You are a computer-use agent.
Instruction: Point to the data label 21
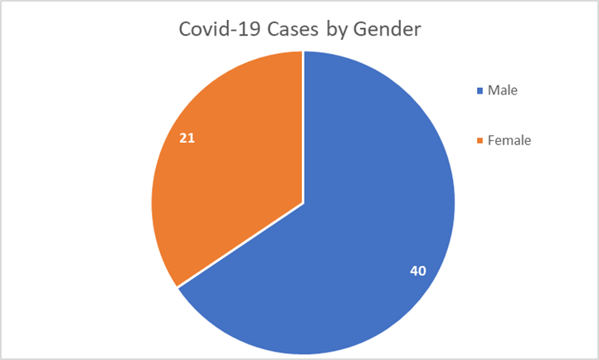(187, 138)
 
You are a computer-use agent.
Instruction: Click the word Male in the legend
(503, 90)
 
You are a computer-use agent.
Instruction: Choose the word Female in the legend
(509, 140)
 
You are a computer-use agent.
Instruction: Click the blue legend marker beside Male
(479, 90)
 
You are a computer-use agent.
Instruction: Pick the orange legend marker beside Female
(479, 140)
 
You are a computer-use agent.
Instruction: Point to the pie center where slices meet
(303, 202)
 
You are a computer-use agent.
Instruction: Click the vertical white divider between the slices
(303, 124)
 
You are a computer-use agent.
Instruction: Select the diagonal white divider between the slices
(241, 245)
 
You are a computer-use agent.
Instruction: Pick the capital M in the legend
(493, 90)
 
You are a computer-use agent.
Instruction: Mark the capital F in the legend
(490, 140)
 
